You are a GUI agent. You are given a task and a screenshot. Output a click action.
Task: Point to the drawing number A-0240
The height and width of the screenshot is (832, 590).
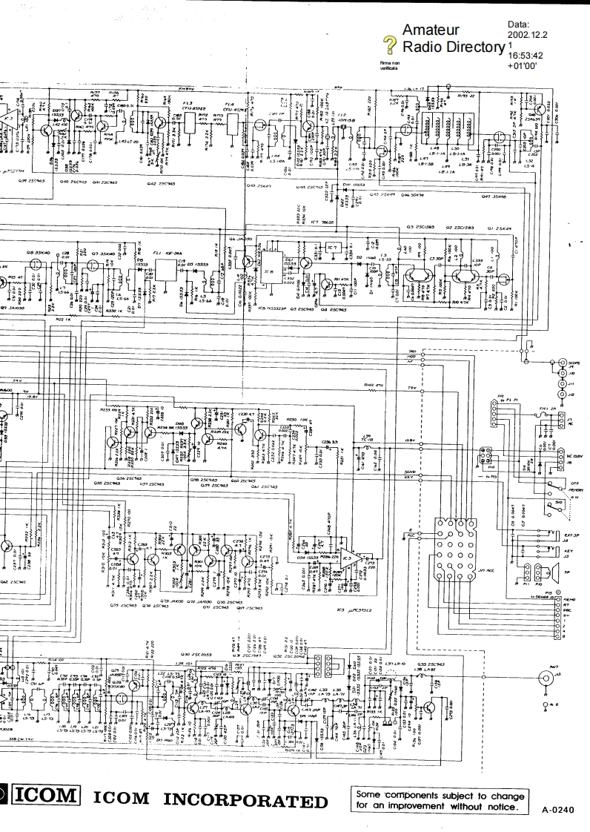pos(558,810)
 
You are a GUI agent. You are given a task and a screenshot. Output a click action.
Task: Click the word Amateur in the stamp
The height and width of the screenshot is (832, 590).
pos(428,30)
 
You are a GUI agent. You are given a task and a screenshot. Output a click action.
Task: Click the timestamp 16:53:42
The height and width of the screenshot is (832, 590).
pos(526,55)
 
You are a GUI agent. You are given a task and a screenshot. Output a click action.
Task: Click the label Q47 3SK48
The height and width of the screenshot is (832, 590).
pos(493,197)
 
